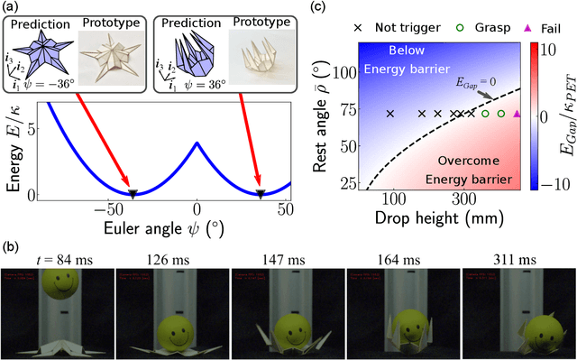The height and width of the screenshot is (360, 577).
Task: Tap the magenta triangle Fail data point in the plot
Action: tap(517, 114)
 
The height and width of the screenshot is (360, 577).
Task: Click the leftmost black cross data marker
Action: tap(390, 114)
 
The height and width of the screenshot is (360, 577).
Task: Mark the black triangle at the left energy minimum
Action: tap(133, 193)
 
